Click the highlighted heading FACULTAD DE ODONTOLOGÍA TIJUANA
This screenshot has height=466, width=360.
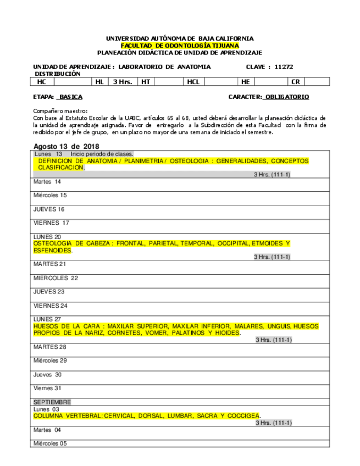coord(180,46)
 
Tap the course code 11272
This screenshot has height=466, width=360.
coord(283,66)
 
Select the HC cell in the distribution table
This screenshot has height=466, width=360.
coord(42,82)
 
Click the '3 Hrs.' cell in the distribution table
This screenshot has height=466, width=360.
coord(122,82)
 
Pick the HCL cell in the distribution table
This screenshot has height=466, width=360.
coord(193,82)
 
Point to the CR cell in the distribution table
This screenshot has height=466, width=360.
coord(296,82)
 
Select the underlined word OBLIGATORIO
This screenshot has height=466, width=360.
coord(287,97)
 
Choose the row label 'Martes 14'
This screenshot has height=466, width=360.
coord(47,181)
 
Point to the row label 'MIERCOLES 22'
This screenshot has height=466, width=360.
coord(56,278)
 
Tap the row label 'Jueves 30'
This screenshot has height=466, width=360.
coord(47,374)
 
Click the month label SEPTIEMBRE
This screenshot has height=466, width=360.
coord(52,402)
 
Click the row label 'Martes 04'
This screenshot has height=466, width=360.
coord(47,430)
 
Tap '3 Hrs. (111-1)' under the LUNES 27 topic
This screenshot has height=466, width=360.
coord(274,340)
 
